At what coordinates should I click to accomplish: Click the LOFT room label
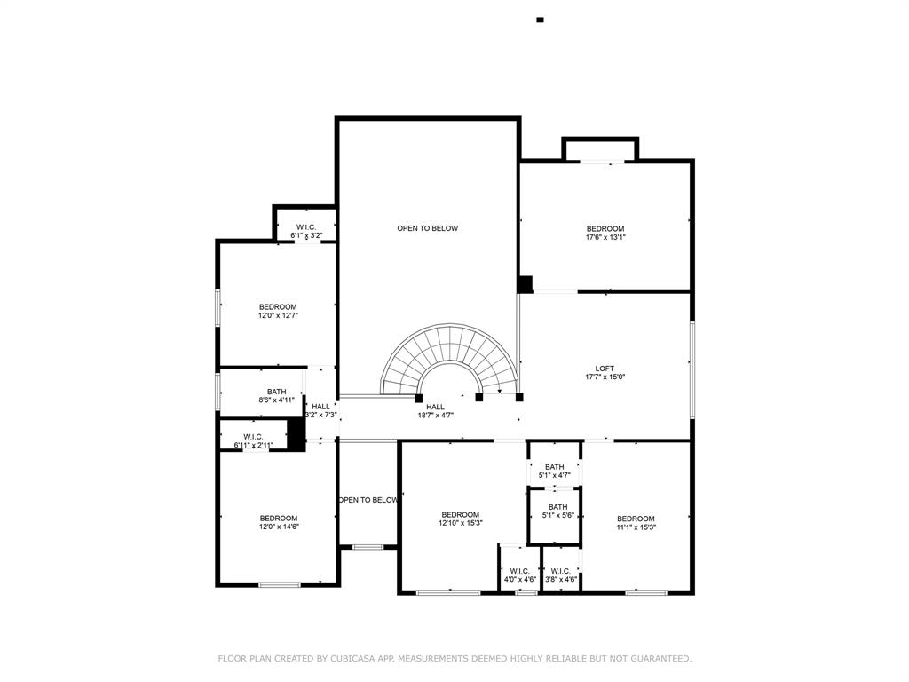605,369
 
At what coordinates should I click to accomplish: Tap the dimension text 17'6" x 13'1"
605,237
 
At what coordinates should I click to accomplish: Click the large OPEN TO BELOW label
427,228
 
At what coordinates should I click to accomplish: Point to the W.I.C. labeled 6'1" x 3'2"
305,232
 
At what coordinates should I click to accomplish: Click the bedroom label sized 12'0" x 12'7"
278,311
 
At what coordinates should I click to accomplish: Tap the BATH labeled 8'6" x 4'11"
276,395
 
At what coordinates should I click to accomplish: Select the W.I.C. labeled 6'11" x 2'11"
253,440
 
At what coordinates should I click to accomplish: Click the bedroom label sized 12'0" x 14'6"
278,522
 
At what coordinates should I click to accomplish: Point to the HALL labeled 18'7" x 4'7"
435,411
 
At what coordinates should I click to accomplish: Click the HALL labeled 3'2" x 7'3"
320,410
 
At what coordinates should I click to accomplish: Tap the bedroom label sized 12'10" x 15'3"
461,519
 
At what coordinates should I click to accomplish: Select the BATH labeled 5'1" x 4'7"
555,471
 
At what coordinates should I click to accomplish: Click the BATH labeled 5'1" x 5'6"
557,511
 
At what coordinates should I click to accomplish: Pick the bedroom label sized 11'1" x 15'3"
636,523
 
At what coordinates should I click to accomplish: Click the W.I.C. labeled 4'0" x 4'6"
519,575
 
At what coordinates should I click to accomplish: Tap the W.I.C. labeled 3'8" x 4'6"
561,575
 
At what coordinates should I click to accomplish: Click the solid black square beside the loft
525,284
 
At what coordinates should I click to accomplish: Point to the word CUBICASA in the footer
358,659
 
